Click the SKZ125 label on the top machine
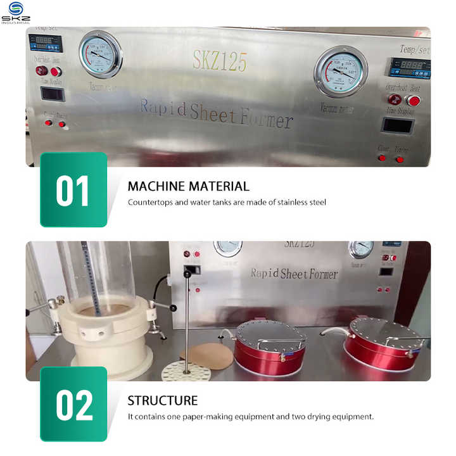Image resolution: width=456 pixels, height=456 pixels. (x=220, y=61)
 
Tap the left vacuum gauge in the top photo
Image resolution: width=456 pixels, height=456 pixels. (x=100, y=54)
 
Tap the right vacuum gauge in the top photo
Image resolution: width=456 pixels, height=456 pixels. (x=341, y=72)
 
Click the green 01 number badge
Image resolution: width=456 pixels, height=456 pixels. (x=73, y=190)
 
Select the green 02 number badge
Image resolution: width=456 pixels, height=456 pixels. (x=73, y=405)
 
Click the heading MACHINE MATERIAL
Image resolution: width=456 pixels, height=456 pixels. (x=189, y=186)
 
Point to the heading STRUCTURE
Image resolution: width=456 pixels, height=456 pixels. (x=163, y=400)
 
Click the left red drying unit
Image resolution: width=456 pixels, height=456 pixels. (x=270, y=343)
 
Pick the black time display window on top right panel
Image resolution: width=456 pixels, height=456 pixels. (x=398, y=125)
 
